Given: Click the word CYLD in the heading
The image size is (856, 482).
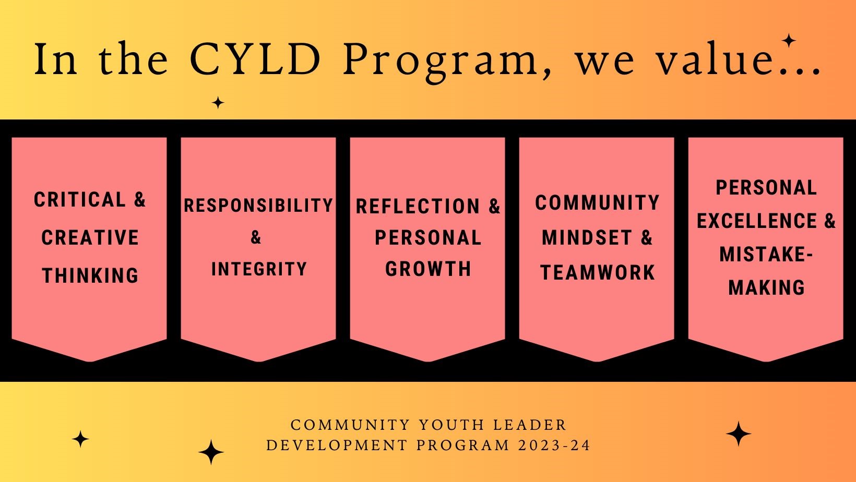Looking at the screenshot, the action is click(255, 59).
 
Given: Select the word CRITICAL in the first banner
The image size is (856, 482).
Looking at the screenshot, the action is click(80, 199).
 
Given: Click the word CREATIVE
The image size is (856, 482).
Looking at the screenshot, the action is click(90, 237).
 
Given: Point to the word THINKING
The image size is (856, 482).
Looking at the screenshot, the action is click(90, 275).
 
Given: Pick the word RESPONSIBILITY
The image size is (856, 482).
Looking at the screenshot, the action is click(258, 205).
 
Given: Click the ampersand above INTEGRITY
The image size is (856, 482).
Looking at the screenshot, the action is click(256, 237).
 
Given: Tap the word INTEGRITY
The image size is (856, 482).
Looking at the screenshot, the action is click(259, 269).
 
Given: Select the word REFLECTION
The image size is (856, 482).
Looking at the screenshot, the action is click(418, 206).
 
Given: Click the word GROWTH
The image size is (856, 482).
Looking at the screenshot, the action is click(429, 269).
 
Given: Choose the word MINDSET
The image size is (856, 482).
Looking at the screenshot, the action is click(587, 237).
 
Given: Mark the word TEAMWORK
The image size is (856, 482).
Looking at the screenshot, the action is click(598, 272).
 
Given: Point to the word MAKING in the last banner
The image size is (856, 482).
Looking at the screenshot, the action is click(767, 287).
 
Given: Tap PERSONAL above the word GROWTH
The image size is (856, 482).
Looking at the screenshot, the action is click(429, 237).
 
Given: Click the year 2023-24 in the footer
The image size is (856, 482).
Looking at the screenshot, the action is click(554, 445).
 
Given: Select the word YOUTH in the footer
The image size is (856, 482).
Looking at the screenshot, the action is click(451, 425).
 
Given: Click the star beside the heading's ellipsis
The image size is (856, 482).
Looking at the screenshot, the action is click(788, 41).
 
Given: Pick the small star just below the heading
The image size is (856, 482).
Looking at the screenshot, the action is click(218, 102).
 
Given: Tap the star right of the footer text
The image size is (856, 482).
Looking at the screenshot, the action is click(738, 434).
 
